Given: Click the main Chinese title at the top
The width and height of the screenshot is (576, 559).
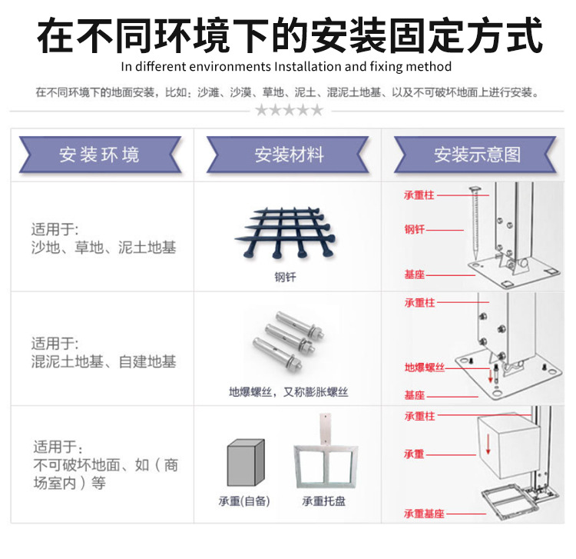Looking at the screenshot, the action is click(288, 35).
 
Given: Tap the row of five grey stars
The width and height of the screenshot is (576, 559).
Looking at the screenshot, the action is click(289, 110).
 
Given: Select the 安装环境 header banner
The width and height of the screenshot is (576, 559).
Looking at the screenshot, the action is click(100, 155).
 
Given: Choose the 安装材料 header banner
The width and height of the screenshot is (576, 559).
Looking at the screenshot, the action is click(288, 155).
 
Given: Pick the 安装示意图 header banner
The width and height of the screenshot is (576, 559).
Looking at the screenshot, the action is click(476, 155).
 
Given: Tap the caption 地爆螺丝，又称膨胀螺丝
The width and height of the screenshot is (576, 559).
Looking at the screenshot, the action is click(288, 391).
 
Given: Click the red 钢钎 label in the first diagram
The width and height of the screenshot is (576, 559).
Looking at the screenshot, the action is click(415, 229).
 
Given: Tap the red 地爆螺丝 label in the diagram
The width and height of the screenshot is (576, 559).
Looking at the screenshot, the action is click(425, 368).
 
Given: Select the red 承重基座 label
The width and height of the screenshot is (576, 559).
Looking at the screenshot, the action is click(424, 514).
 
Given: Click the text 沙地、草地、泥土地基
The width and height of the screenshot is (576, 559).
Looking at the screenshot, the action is click(104, 248).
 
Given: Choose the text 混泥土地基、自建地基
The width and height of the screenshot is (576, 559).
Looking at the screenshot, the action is click(104, 361).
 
